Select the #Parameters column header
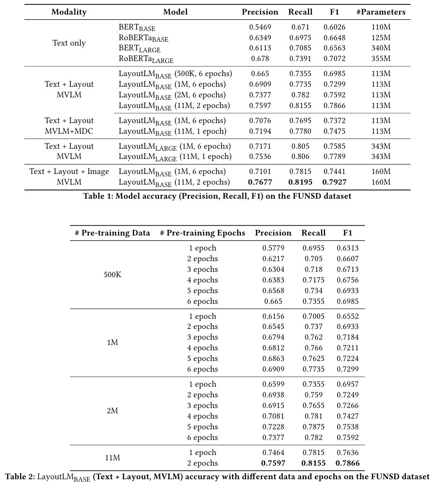coord(381,12)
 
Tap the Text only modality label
coord(69,43)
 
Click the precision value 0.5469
coord(260,27)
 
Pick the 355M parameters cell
coord(381,59)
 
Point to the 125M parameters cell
coord(381,38)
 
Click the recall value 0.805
coord(300,146)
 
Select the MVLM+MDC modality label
coord(69,131)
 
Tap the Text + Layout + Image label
coord(69,172)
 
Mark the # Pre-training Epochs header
coord(202,233)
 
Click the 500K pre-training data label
coord(112,275)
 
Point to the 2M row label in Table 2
coord(112,411)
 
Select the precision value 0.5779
coord(273,248)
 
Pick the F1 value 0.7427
coord(348,416)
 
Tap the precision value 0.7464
coord(273,453)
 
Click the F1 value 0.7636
coord(348,453)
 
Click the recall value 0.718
coord(313,269)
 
